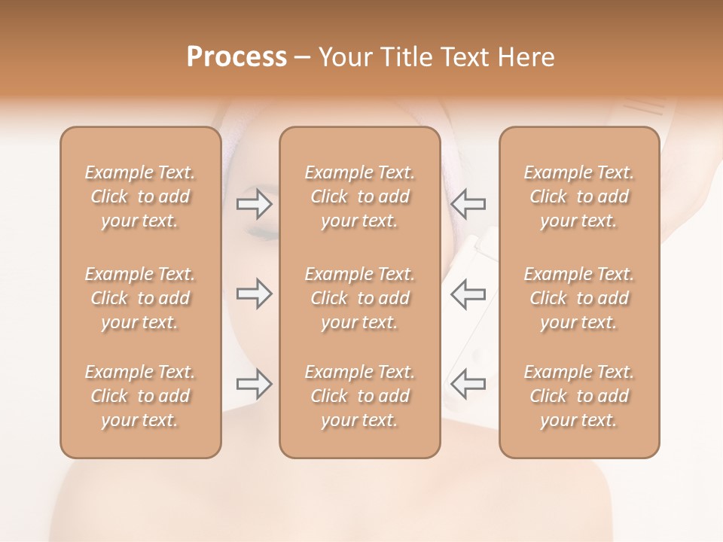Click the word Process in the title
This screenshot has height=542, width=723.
coord(236,57)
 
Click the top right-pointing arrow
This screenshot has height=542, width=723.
coord(255,203)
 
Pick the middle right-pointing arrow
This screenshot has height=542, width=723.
coord(255,294)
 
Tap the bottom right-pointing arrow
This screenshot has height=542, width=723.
coord(255,384)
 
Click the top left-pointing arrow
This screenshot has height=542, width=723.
coord(468,203)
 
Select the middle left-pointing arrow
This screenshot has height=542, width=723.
coord(468,294)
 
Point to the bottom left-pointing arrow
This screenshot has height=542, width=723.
coord(468,384)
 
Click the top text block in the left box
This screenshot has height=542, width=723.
coord(140,196)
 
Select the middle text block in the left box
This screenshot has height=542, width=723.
coord(140,298)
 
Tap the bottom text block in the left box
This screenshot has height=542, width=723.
coord(140,396)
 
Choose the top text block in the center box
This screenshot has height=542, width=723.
coord(360,196)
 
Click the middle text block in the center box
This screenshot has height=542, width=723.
coord(360,298)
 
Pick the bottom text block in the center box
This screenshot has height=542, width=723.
coord(360,396)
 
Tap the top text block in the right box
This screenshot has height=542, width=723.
coord(579,196)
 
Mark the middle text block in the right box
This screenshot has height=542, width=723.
coord(579,298)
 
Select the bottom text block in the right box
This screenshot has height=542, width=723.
coord(579,396)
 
